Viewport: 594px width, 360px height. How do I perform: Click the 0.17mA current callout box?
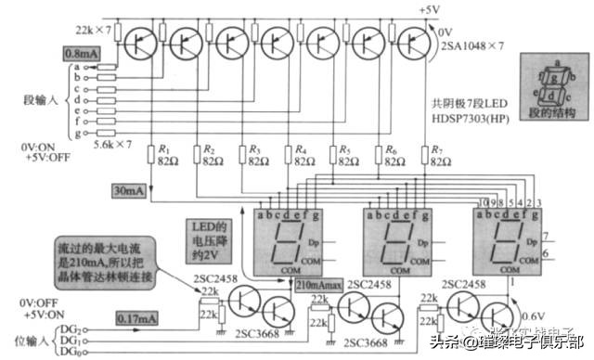pyautogui.click(x=137, y=318)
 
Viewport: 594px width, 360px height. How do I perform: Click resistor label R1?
pyautogui.click(x=164, y=148)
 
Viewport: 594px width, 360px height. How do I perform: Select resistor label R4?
pyautogui.click(x=301, y=148)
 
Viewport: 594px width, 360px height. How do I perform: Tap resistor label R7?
pyautogui.click(x=437, y=148)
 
